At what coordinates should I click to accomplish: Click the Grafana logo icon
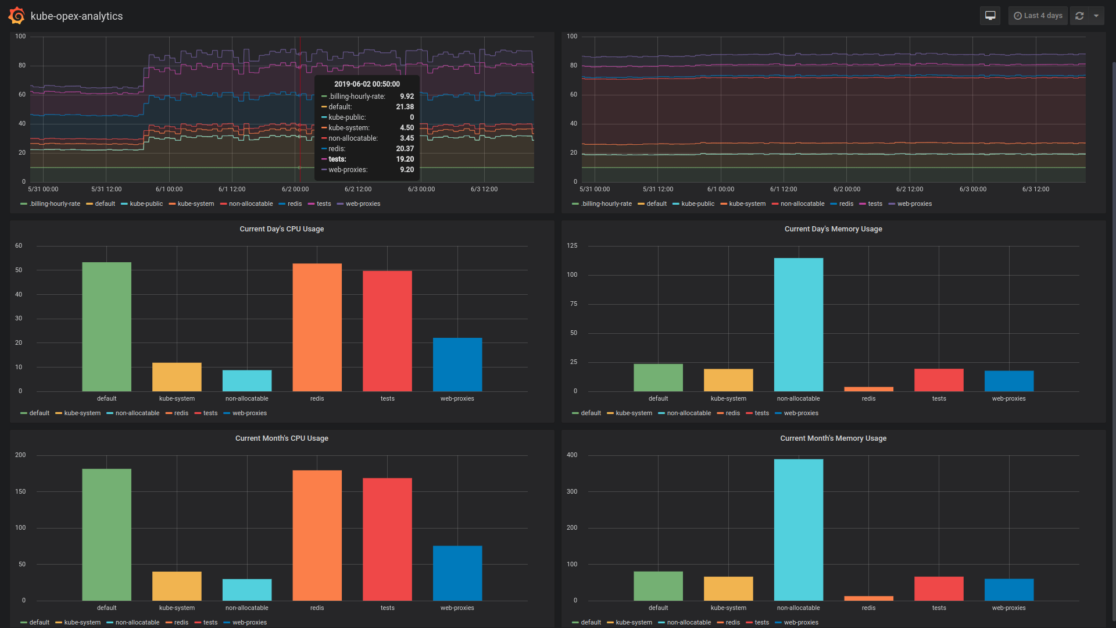pos(16,16)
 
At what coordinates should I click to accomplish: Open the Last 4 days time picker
pos(1038,16)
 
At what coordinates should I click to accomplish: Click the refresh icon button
pos(1079,16)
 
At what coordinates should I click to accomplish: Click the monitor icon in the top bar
pos(990,16)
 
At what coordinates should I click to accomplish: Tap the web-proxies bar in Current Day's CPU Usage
pos(457,365)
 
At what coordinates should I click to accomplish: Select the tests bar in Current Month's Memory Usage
pos(939,588)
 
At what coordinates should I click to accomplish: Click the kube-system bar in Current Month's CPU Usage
pos(177,586)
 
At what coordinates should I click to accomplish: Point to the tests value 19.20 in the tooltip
pos(405,159)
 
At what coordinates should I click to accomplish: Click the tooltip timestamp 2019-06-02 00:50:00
pos(367,84)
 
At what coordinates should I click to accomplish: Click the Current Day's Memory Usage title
pos(833,229)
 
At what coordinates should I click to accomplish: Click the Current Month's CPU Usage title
pos(281,438)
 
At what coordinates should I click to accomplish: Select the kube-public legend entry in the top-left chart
pos(146,204)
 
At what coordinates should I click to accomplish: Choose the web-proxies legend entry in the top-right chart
pos(914,204)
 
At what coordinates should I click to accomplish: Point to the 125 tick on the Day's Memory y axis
pos(572,246)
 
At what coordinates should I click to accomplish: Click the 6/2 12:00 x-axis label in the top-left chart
pos(357,190)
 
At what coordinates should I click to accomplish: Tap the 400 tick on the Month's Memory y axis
pos(572,455)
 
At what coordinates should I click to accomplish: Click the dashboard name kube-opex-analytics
pos(77,16)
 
